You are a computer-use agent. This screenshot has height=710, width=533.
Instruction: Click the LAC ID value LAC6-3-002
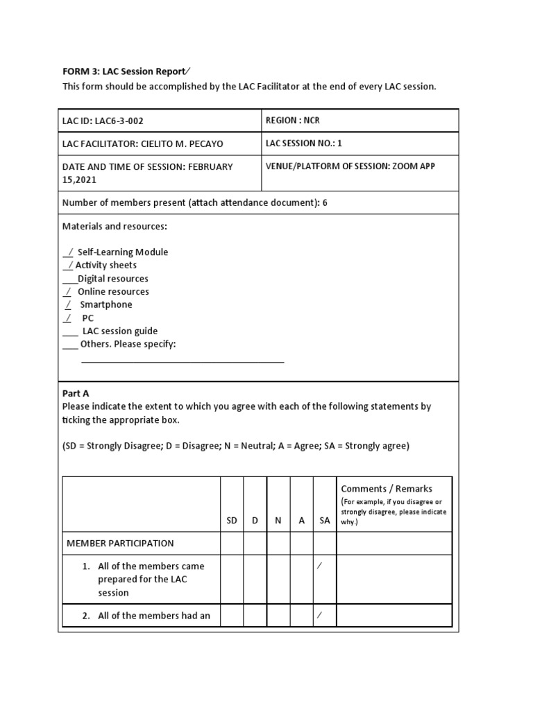tap(119, 121)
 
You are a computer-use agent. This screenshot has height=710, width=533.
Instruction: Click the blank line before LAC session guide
tap(69, 332)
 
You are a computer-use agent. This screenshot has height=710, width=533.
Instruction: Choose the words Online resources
tap(113, 292)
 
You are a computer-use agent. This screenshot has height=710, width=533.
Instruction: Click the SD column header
tap(232, 521)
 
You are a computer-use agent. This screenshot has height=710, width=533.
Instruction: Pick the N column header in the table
tap(278, 521)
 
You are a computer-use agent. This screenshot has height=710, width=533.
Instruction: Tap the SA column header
tap(325, 521)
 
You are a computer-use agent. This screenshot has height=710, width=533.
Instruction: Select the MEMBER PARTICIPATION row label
tap(120, 544)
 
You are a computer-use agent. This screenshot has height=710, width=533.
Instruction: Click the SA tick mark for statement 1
tap(320, 566)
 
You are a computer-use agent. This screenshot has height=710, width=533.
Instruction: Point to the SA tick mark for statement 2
tap(320, 615)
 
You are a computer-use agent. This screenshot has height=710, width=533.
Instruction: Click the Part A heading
tap(76, 393)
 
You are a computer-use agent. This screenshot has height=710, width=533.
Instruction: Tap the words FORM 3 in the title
tap(81, 71)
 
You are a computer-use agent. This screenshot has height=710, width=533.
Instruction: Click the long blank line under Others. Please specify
tap(183, 361)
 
